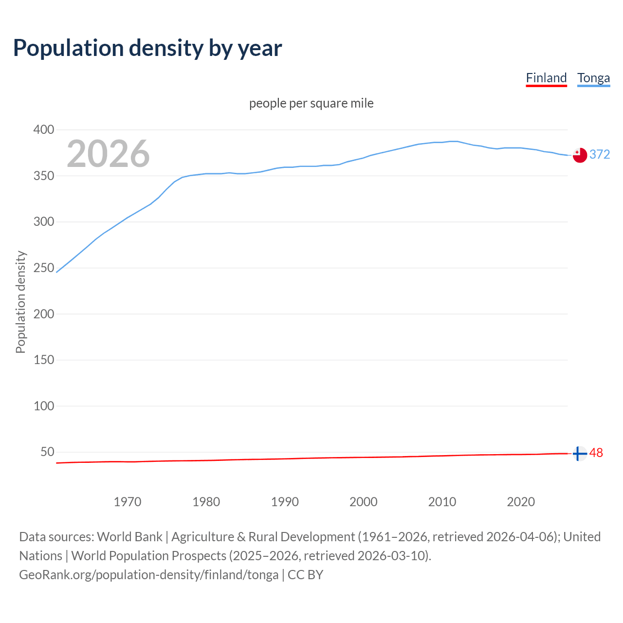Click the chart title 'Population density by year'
[147, 48]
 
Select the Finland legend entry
[546, 78]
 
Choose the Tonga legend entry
[593, 78]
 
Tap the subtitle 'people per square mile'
[311, 103]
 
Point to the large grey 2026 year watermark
[108, 154]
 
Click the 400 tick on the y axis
[43, 129]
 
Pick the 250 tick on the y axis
[43, 268]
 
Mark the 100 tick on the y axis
[43, 406]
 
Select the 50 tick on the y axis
[47, 452]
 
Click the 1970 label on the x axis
[128, 502]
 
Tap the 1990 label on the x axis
[285, 502]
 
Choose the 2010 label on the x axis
[442, 502]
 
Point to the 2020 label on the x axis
[521, 502]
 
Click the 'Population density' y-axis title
[20, 302]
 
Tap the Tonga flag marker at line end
[579, 155]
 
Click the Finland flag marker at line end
[579, 453]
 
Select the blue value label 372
[600, 154]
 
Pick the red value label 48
[596, 453]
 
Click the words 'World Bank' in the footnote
[129, 537]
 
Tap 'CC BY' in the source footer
[305, 575]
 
